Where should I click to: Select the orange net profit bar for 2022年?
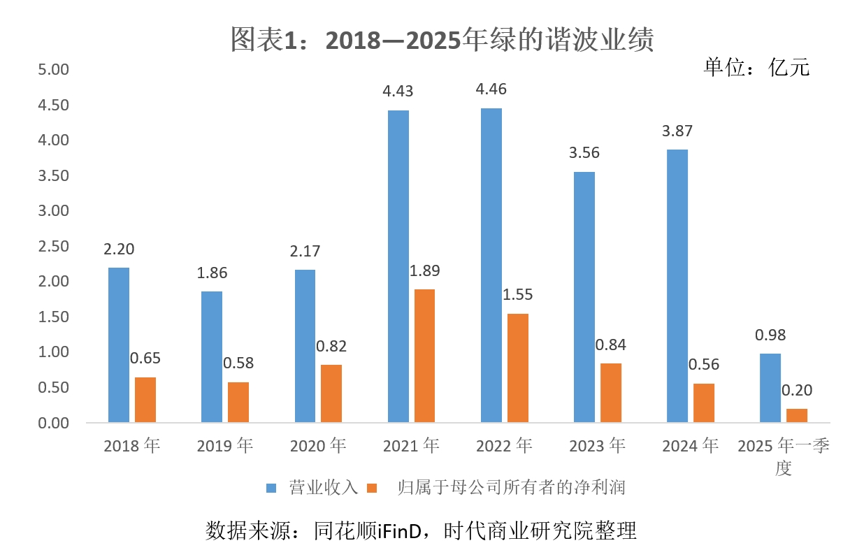pos(517,368)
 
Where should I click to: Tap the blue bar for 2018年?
pos(119,345)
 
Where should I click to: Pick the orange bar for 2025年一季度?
pos(796,416)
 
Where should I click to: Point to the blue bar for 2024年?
pos(677,286)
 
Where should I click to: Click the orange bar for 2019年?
pos(238,403)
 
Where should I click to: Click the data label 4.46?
pos(491,89)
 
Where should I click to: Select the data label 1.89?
pos(425,270)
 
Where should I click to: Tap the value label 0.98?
pos(770,335)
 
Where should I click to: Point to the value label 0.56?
pos(704,364)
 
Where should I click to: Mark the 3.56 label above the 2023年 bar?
pos(584,153)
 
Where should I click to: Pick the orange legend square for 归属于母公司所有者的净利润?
pos(373,488)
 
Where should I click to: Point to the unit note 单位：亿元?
pos(756,67)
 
